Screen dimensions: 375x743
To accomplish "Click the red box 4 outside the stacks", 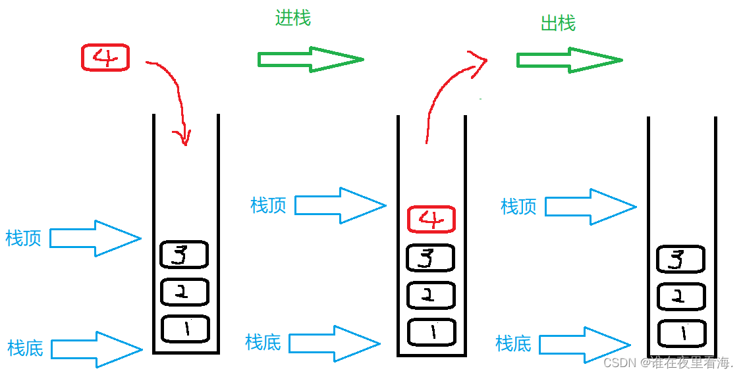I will coord(105,58).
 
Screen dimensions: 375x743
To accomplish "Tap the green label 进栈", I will coord(293,18).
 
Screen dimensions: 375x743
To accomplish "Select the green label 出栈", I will coord(558,24).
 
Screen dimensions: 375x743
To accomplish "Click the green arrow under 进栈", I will coord(310,59).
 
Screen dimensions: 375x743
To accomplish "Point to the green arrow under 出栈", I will coord(569,60).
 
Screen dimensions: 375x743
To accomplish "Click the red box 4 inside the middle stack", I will coord(431,219).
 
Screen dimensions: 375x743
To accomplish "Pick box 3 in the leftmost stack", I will coord(184,255).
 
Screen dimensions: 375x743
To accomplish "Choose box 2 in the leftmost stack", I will coord(184,292).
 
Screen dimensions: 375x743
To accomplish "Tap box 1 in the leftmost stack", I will coord(185,329).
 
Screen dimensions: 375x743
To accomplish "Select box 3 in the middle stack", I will coord(431,257).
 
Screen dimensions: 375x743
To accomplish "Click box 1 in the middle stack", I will coord(431,332).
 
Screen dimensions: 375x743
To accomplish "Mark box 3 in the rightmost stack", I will coord(681,259).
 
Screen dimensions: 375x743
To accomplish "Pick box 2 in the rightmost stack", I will coord(681,296).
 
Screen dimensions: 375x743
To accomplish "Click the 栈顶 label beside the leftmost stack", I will coord(24,238).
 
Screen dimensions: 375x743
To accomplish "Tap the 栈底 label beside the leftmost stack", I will coord(26,347).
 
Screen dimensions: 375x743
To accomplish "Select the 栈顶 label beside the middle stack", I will coord(269,205).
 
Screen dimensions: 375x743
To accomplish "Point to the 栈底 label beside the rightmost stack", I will coord(514,343).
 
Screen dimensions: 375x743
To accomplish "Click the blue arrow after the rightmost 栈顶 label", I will coord(590,207).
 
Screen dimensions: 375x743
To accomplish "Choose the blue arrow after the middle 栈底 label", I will coord(334,343).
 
